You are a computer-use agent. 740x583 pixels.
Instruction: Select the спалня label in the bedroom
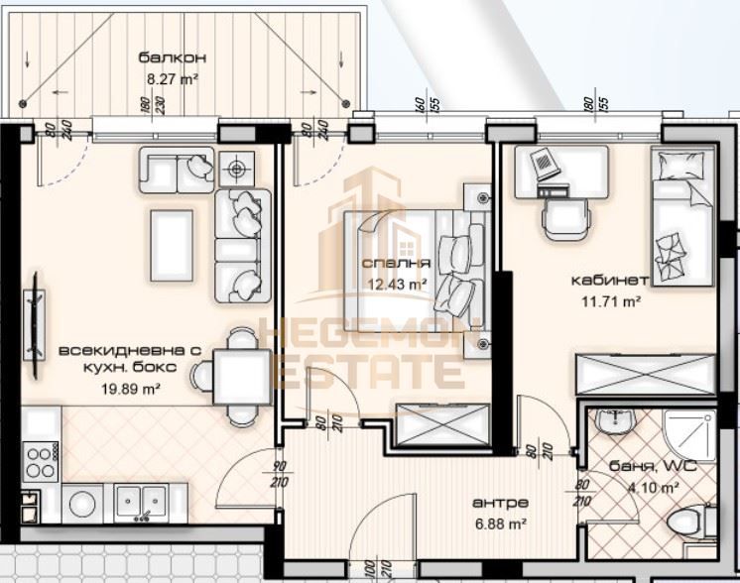click(x=396, y=264)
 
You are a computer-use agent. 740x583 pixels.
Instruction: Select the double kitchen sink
click(x=141, y=503)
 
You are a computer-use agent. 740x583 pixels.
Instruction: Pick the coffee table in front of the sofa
click(x=171, y=244)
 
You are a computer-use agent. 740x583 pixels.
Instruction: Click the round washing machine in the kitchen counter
click(x=81, y=504)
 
